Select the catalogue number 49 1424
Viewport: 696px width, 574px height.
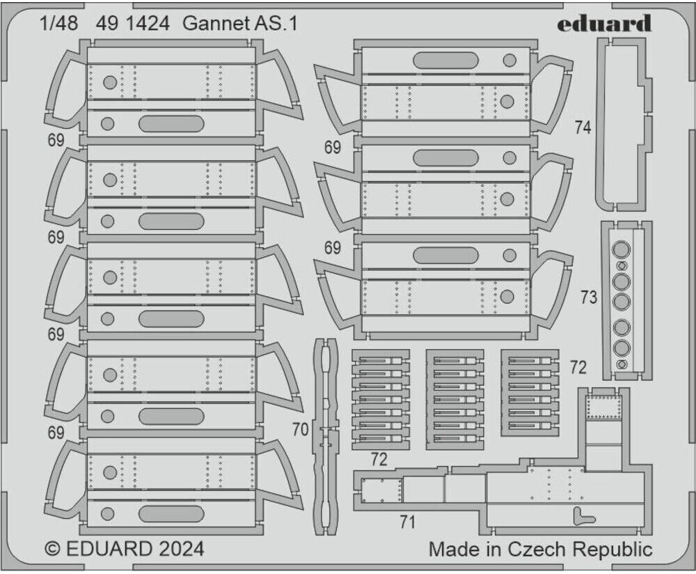pos(133,24)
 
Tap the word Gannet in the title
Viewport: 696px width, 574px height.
pos(217,24)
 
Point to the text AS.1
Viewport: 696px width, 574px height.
pos(279,24)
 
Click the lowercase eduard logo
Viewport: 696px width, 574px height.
pos(603,24)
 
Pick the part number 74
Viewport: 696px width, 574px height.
pos(583,127)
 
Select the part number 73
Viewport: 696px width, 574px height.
pos(589,297)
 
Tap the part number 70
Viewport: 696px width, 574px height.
pos(300,430)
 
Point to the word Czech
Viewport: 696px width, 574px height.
pos(536,549)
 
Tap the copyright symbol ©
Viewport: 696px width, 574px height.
pos(52,549)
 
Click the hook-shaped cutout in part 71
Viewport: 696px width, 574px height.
pos(584,516)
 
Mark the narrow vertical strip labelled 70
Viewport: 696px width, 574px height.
pos(326,436)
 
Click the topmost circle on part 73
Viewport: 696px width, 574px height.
pos(622,249)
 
